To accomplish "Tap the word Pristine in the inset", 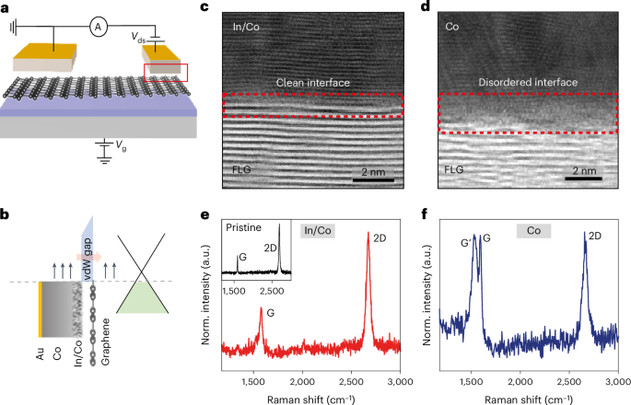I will (x=244, y=226).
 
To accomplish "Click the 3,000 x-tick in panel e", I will (x=399, y=379).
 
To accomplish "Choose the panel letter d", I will (x=437, y=9).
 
